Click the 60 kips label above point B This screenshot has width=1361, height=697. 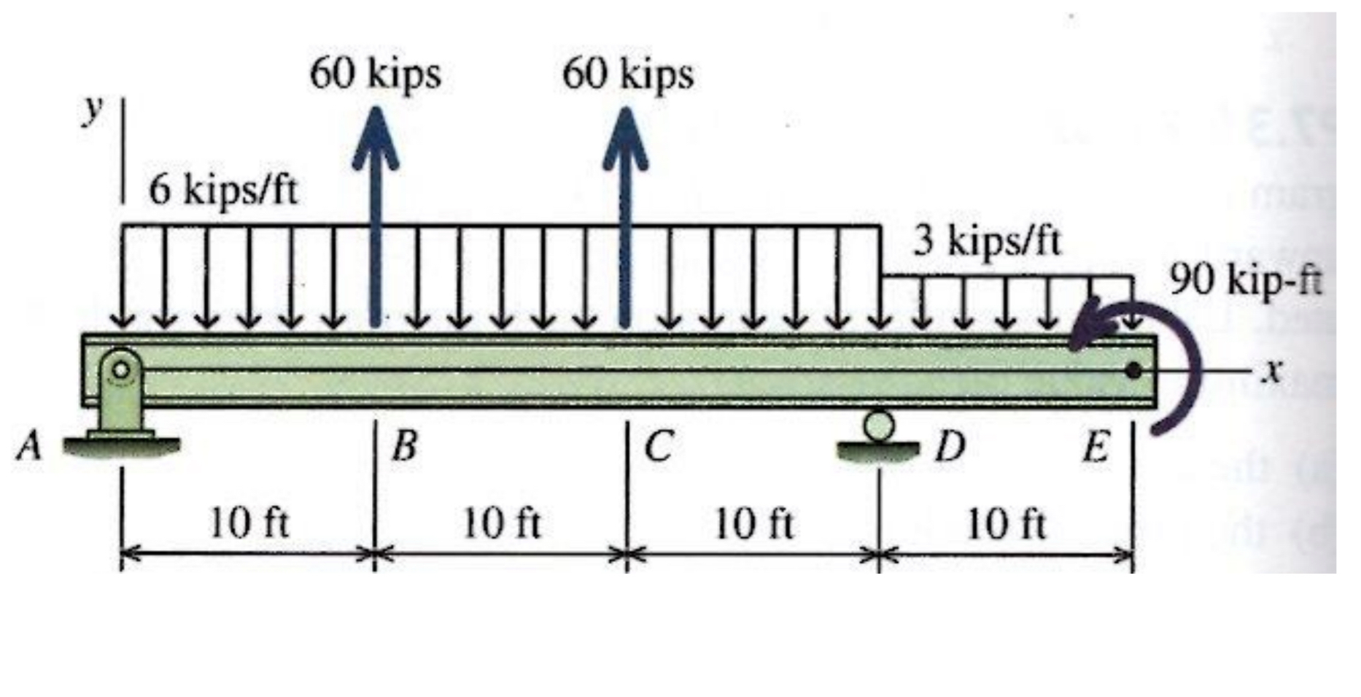[376, 74]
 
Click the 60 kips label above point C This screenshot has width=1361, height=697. [628, 74]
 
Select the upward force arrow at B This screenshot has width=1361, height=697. [376, 215]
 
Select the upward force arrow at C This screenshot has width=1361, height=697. [624, 215]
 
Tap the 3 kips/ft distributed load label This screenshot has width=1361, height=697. [988, 241]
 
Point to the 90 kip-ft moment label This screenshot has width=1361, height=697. [1246, 280]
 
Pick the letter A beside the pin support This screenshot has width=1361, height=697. [29, 445]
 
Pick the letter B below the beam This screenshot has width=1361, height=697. [404, 446]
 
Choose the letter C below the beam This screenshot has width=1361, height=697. [659, 446]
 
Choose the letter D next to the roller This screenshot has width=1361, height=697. [950, 446]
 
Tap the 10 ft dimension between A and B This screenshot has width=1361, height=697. [249, 523]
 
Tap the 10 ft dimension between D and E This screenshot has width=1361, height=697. [1007, 523]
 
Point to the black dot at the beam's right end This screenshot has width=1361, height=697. [1133, 371]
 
